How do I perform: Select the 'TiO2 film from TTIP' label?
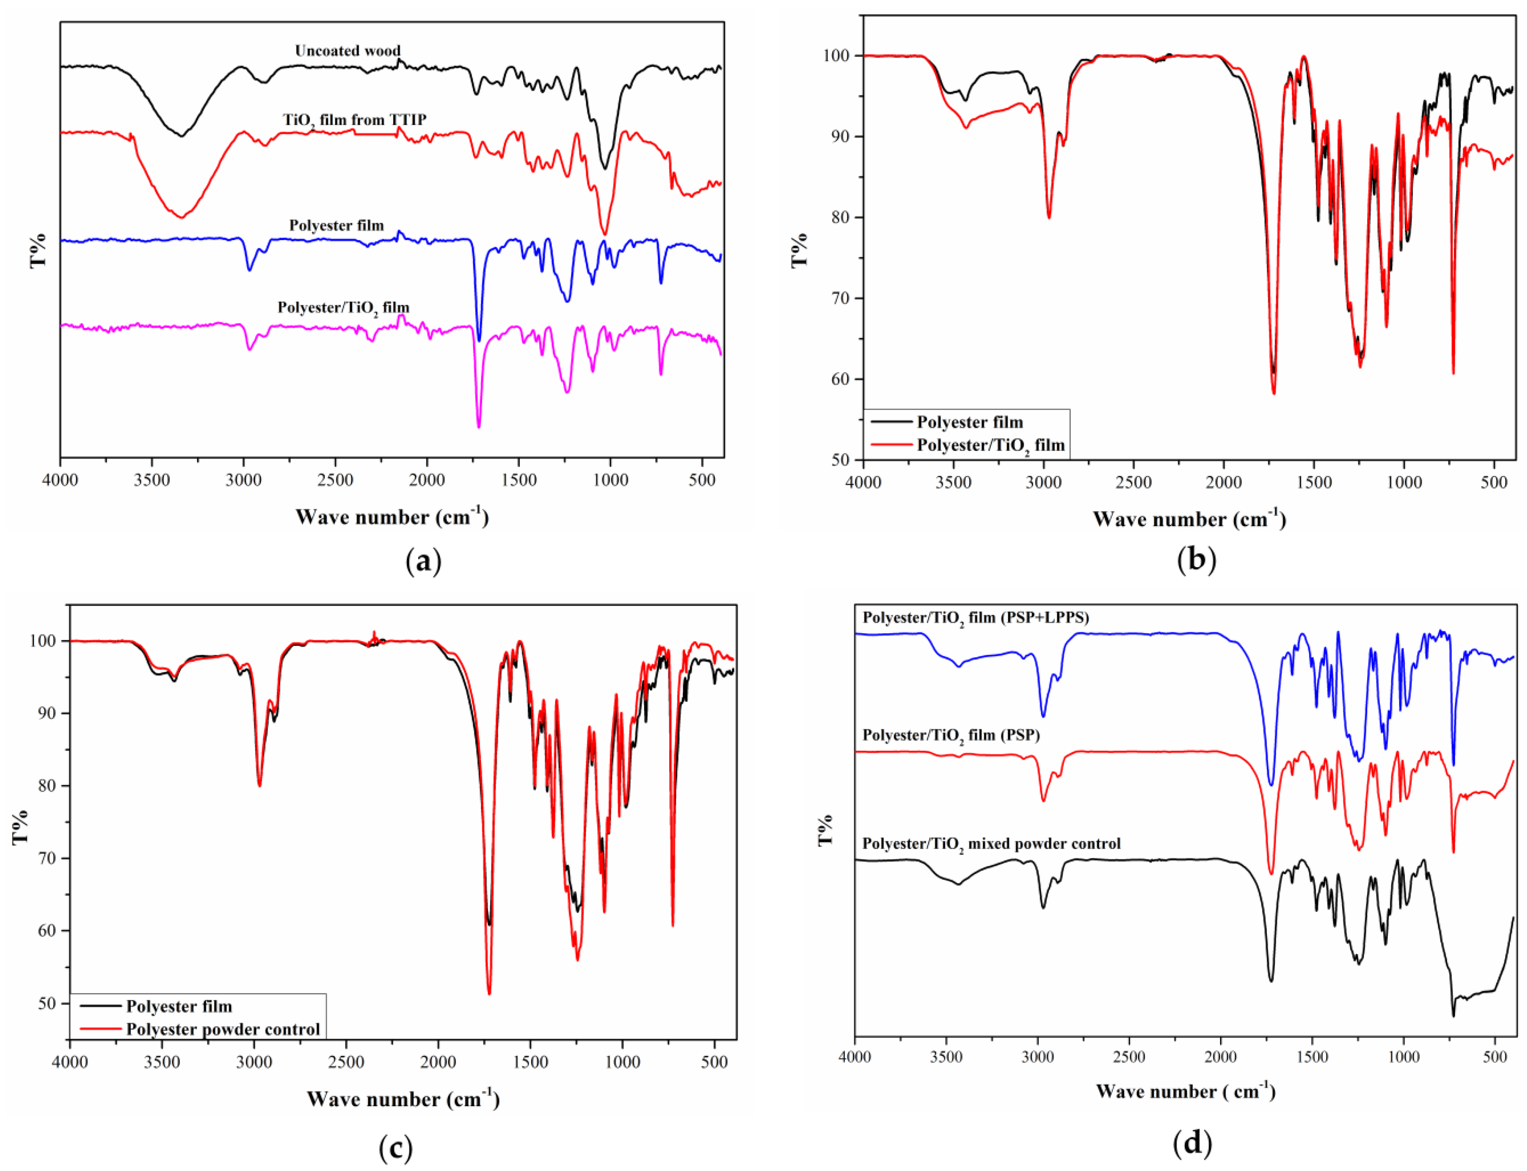point(354,120)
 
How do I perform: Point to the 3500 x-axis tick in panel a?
point(151,480)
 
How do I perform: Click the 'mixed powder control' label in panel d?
point(991,844)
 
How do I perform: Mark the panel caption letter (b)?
point(1195,560)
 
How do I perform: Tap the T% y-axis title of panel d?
point(825,829)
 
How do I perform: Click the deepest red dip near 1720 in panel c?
point(489,993)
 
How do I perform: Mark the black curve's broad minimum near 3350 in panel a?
point(181,136)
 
